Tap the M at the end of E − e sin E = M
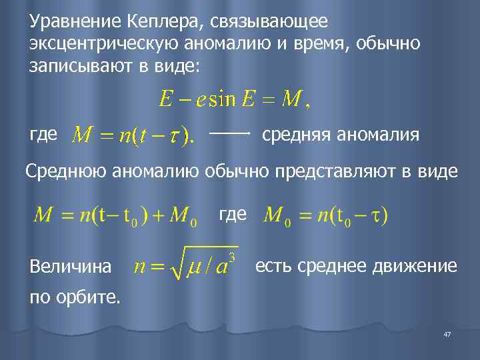(x=290, y=101)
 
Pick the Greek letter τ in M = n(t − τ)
(x=175, y=137)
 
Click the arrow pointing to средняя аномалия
(x=230, y=134)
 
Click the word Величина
(x=71, y=267)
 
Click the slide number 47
(x=447, y=333)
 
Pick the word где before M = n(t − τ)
(x=44, y=135)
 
